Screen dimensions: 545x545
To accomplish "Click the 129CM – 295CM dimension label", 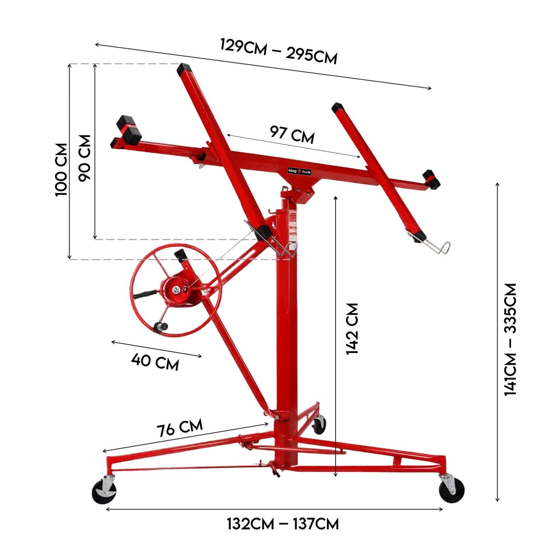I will (278, 51).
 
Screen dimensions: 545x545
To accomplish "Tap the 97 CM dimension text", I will (292, 134).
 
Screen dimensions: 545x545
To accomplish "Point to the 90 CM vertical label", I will (85, 157).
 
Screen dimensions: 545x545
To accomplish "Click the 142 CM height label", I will (353, 329).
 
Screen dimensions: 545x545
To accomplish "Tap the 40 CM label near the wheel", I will (155, 362).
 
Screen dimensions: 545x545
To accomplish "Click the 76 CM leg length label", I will (179, 428).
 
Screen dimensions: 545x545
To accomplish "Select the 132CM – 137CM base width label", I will (283, 524).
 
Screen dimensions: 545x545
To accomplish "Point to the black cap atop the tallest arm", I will (185, 69).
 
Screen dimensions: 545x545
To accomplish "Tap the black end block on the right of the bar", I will (431, 180).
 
